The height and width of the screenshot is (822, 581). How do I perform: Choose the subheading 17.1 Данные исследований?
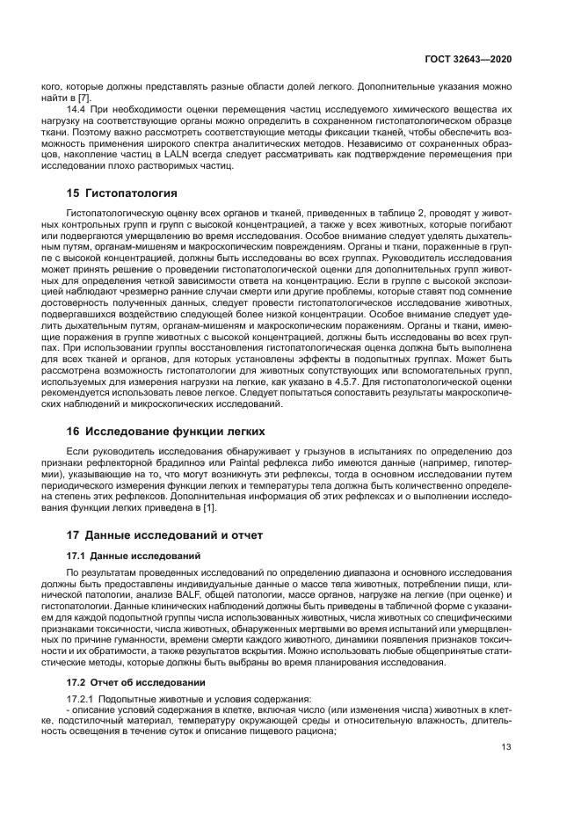click(134, 556)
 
